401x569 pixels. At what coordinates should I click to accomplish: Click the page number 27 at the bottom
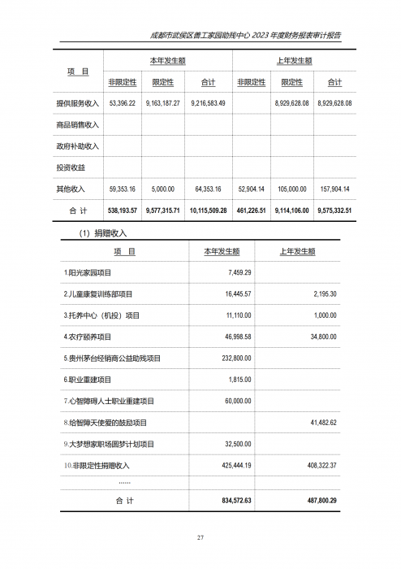point(200,538)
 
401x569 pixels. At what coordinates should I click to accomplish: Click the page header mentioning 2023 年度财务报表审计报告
point(246,36)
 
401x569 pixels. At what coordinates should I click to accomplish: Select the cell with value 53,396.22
point(122,104)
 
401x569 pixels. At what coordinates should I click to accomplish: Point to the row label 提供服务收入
point(78,104)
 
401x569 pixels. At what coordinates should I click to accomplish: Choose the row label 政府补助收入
point(78,146)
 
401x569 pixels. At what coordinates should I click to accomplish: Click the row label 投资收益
point(72,167)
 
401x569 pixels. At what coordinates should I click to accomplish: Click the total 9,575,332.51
point(334,210)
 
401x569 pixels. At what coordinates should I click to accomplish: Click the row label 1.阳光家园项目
point(88,272)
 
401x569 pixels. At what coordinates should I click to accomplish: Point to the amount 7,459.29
point(235,272)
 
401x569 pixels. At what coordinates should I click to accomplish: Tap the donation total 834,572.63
point(232,501)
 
